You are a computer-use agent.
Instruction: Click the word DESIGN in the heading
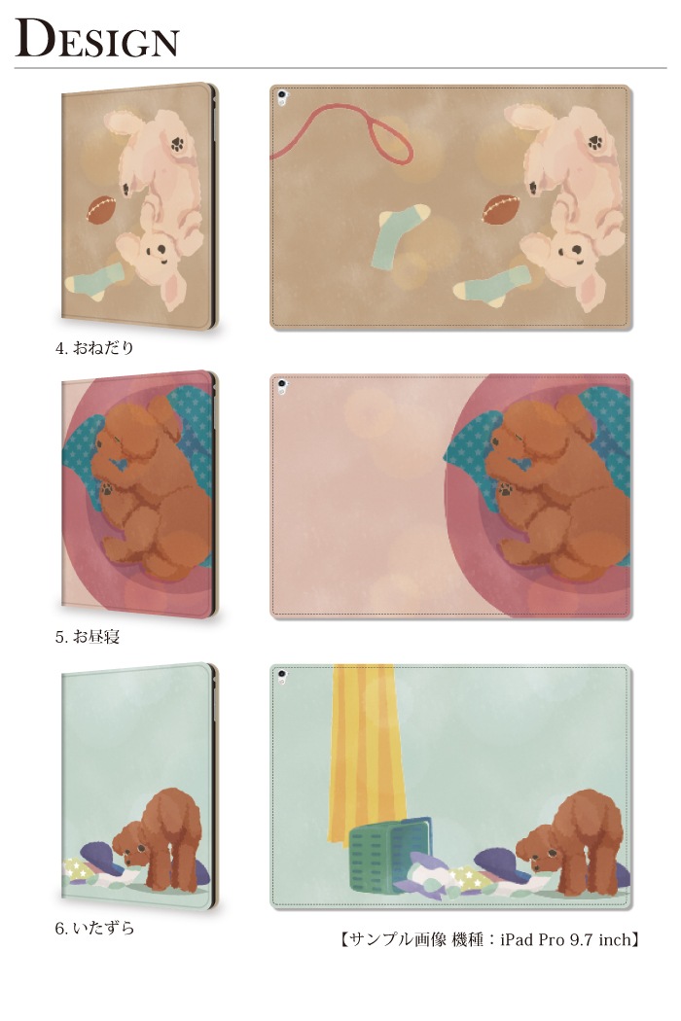(96, 38)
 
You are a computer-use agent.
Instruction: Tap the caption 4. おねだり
(94, 348)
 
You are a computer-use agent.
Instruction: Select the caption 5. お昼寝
(88, 636)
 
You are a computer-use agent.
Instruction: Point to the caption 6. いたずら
(94, 928)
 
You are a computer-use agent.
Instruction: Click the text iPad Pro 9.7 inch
(565, 939)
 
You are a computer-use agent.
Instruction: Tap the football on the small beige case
(101, 210)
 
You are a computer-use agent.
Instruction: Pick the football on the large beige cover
(500, 209)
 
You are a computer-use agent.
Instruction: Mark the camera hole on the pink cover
(282, 385)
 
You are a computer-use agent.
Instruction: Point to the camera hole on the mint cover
(282, 676)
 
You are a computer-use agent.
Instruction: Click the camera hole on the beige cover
(282, 97)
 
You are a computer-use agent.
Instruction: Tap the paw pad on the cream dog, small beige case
(176, 144)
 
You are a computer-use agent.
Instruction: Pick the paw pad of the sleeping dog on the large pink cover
(507, 488)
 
